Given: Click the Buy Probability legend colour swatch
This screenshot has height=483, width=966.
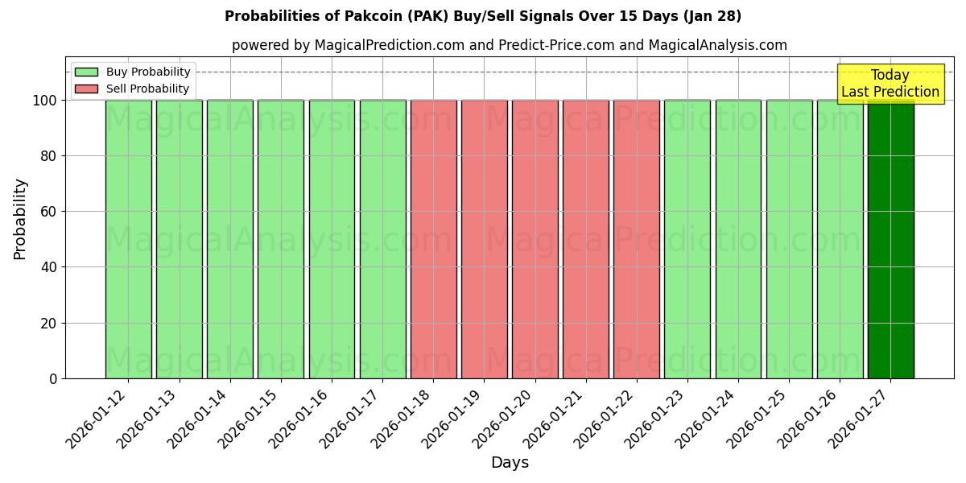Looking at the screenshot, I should click(x=86, y=72).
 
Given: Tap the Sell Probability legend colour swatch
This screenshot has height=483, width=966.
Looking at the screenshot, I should click(x=86, y=89).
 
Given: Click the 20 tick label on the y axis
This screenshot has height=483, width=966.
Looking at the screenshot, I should click(x=50, y=324).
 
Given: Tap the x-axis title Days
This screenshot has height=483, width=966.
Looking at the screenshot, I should click(x=510, y=463).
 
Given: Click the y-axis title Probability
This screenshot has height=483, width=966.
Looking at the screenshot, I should click(x=20, y=218).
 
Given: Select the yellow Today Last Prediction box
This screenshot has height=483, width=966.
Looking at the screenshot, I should click(x=890, y=84).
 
